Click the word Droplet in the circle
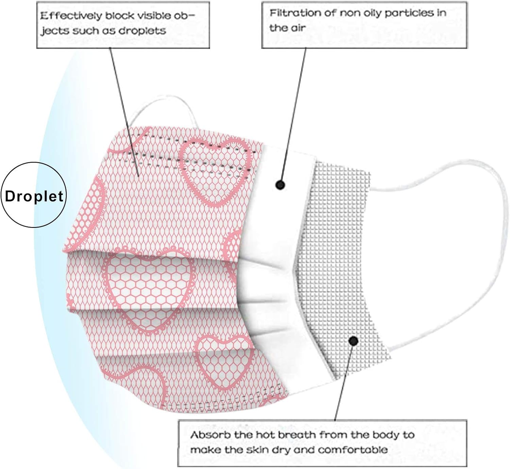point(34,196)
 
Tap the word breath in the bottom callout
point(297,435)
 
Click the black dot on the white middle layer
point(280,185)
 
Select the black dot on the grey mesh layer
point(354,341)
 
